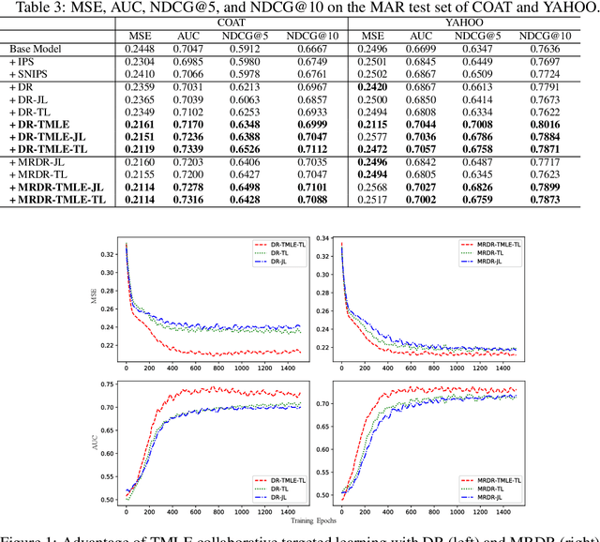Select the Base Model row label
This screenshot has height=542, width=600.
[x=38, y=49]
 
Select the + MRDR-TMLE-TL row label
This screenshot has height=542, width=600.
[x=55, y=199]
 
